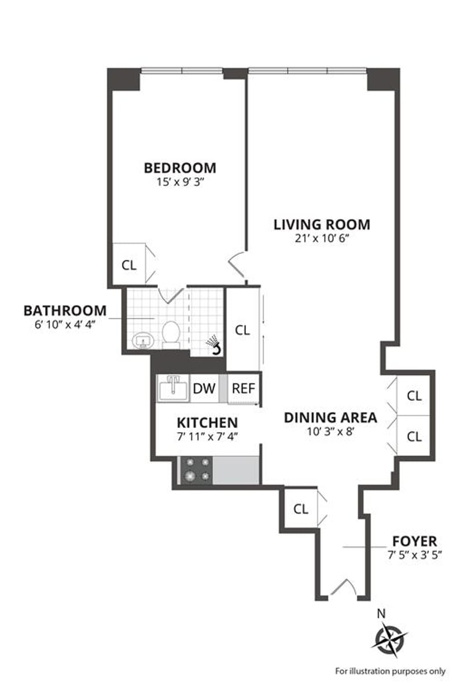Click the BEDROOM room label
pyautogui.click(x=180, y=168)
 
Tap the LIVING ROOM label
pyautogui.click(x=322, y=224)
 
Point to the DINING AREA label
pyautogui.click(x=331, y=418)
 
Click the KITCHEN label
pyautogui.click(x=207, y=423)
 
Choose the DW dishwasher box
pyautogui.click(x=204, y=389)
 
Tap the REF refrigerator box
pyautogui.click(x=244, y=389)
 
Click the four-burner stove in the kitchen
pyautogui.click(x=197, y=470)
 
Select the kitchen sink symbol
pyautogui.click(x=172, y=389)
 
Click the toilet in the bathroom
pyautogui.click(x=171, y=335)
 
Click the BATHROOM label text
pyautogui.click(x=65, y=311)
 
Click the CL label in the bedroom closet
pyautogui.click(x=129, y=266)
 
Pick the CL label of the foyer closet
pyautogui.click(x=301, y=509)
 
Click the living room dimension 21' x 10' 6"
pyautogui.click(x=322, y=238)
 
